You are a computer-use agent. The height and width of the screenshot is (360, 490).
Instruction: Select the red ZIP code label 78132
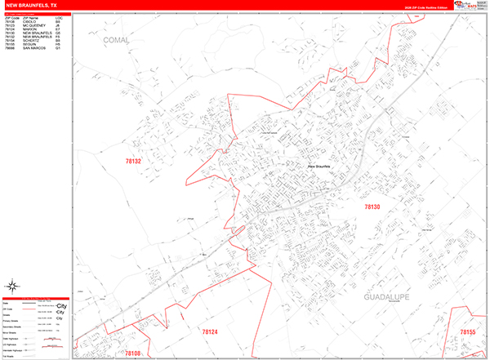(x=132, y=162)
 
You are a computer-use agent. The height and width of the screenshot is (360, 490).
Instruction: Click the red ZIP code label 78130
(x=372, y=207)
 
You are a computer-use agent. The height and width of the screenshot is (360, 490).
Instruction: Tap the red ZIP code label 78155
(x=466, y=331)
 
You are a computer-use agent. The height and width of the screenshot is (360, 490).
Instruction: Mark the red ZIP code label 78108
(x=133, y=352)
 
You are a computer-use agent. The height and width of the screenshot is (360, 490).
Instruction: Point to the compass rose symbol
(x=12, y=286)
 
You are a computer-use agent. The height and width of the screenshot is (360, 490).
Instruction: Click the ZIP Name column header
(x=30, y=17)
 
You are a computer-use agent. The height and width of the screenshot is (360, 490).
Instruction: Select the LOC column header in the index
(x=58, y=17)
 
